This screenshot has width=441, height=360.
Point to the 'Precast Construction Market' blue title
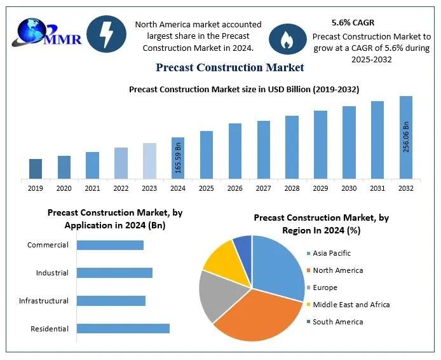(x=229, y=67)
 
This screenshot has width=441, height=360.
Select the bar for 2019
(x=36, y=169)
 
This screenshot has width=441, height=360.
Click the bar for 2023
(x=149, y=161)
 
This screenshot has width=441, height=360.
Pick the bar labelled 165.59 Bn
(x=178, y=158)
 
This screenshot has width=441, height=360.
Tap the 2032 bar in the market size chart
(x=405, y=137)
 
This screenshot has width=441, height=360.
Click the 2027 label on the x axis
(x=264, y=188)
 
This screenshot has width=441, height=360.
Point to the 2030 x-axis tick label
(x=349, y=188)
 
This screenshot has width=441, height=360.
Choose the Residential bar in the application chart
(x=123, y=328)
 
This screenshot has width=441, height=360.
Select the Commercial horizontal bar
(x=110, y=245)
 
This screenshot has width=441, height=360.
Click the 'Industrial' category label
(x=52, y=273)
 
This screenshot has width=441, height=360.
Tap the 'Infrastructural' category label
(x=44, y=301)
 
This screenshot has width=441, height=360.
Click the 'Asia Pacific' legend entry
(x=331, y=253)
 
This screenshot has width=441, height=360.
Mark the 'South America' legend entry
(x=337, y=322)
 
